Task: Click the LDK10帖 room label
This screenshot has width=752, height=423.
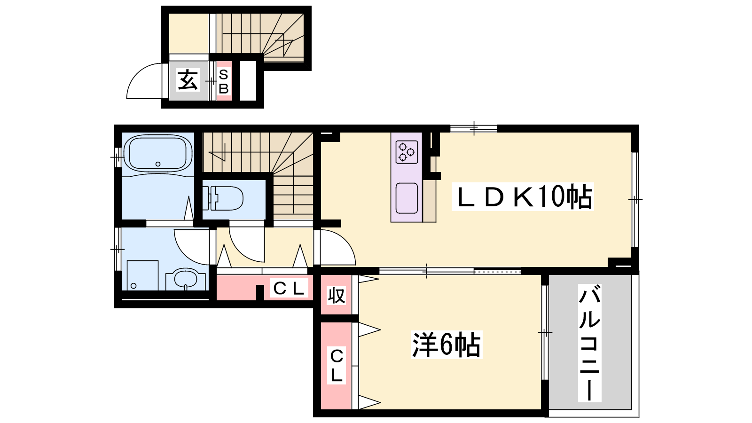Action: pos(523,197)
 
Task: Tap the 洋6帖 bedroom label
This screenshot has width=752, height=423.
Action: pos(446,345)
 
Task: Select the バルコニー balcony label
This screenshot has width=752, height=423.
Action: pos(589,343)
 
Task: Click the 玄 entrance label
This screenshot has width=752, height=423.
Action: pos(188,80)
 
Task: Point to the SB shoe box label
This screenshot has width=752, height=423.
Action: pos(224,81)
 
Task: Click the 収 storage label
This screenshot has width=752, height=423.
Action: pos(337,296)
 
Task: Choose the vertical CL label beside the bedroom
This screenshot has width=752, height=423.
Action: pos(337,366)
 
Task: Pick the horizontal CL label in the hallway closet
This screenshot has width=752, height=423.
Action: pos(289,289)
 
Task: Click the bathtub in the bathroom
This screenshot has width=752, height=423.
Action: pos(158,154)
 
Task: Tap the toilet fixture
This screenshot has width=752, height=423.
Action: pos(223,198)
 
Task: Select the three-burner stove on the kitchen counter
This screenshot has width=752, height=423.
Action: pos(407,152)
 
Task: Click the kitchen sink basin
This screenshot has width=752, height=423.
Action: pos(407,198)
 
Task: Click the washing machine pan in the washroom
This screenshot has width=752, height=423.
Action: pos(142,275)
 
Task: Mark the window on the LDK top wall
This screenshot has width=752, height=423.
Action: pos(474,128)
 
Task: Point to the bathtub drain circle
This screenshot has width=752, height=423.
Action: pos(158,164)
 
